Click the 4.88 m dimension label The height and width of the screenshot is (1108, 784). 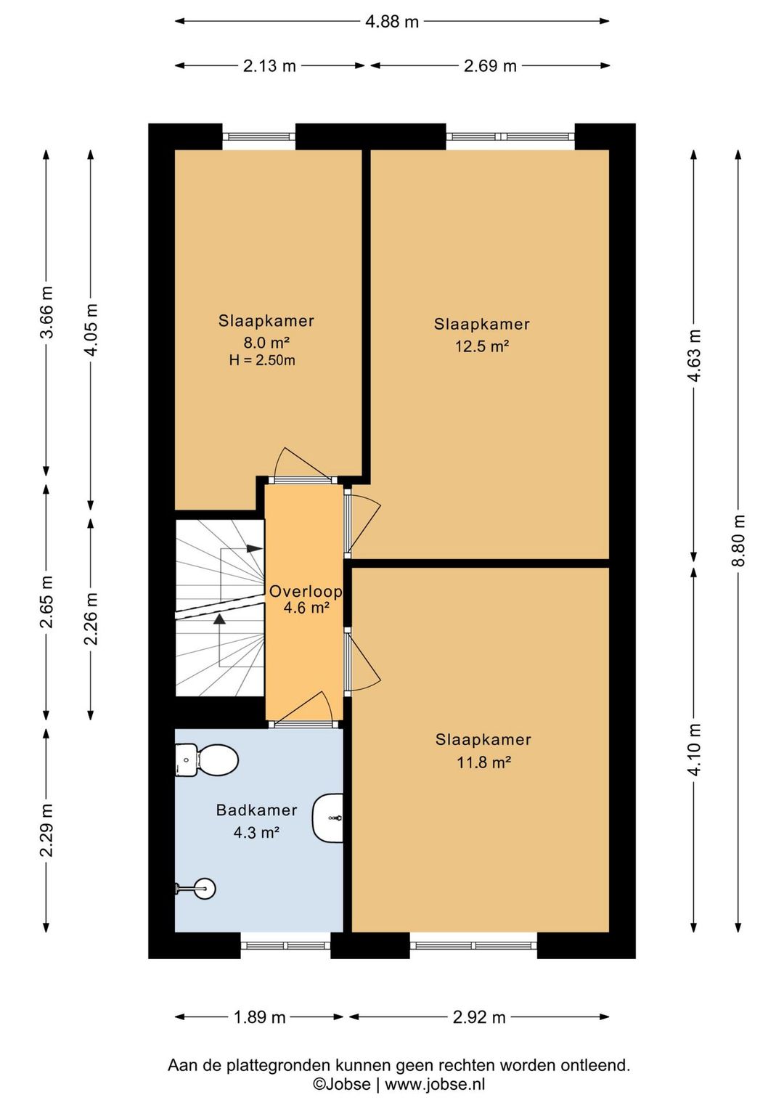point(392,22)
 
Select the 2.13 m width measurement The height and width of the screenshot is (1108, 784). point(269,66)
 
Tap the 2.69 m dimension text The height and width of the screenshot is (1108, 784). point(490,66)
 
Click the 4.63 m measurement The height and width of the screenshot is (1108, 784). point(694,356)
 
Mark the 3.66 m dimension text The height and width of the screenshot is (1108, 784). point(46,312)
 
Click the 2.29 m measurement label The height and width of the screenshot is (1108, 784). point(46,830)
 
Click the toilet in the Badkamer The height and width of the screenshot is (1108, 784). point(207,759)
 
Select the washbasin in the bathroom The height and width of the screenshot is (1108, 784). point(327,818)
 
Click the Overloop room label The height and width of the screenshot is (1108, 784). point(306,591)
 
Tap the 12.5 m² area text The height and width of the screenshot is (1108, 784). point(482,346)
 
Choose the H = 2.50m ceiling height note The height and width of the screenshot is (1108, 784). point(262,360)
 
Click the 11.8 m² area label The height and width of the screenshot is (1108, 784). point(483,762)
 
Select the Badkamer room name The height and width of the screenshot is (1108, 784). point(257,810)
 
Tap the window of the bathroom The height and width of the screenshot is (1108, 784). point(286,945)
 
